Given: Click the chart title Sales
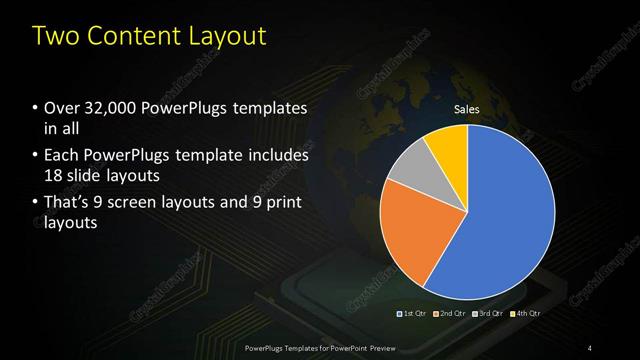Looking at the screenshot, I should pos(467,108).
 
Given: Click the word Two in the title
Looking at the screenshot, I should pos(55,37).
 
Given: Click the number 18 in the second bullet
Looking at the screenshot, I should pos(54,176).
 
